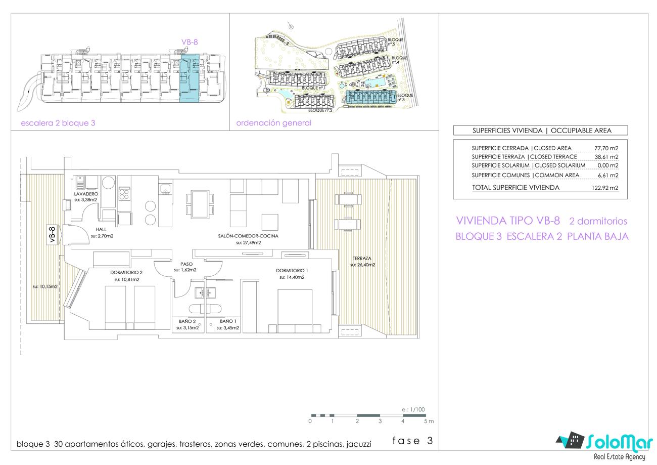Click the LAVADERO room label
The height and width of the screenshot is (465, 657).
pos(86,194)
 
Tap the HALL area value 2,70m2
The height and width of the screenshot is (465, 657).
pos(102,236)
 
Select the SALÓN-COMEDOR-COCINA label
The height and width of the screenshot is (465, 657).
pos(248,236)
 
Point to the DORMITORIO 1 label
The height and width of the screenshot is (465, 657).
pos(292,271)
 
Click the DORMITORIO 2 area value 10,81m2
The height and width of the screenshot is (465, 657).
pos(127,279)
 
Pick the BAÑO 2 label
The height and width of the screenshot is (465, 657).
pos(187,321)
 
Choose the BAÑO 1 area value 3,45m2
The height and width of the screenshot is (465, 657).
pos(227,328)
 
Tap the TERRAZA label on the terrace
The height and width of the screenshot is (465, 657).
pos(362,259)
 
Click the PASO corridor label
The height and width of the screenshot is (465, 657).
pos(186,264)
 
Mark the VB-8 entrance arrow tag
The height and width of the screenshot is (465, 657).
pos(54,234)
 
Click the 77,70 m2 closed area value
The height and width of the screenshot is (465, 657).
pos(606,148)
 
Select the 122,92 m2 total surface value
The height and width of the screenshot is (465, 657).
pos(605,188)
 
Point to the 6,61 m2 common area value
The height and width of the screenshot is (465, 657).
pos(608,176)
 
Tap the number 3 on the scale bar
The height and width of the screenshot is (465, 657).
pos(380,421)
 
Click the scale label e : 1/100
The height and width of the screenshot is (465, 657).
pos(413,409)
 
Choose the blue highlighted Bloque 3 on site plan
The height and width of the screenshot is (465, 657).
pos(370,97)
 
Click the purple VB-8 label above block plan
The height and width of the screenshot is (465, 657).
pos(190,43)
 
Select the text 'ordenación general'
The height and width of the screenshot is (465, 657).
pos(273,123)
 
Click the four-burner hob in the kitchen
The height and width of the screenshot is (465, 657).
pos(124,194)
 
